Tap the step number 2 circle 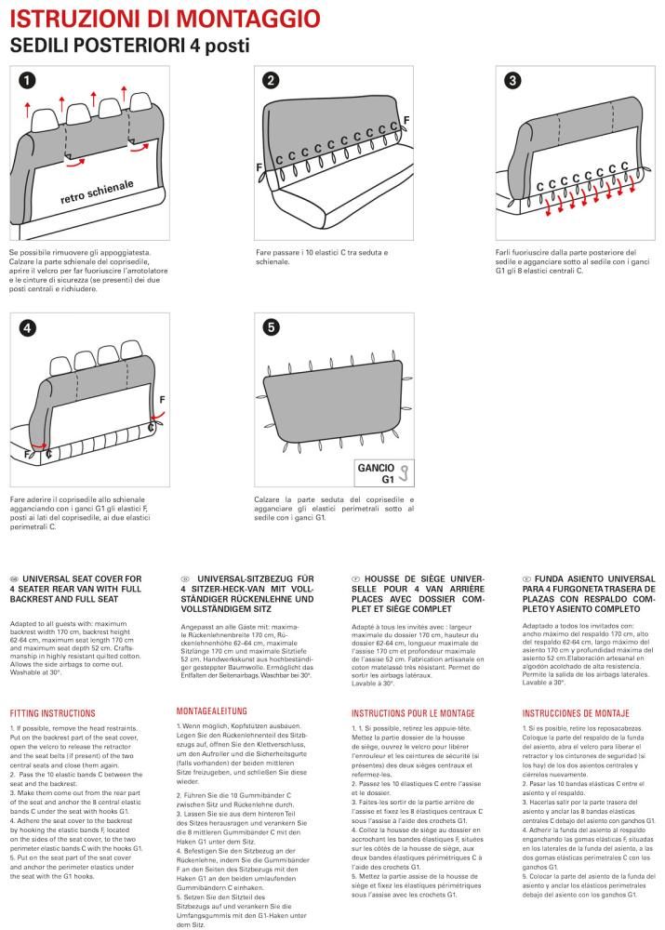[270, 81]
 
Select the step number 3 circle [512, 81]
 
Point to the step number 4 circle [27, 327]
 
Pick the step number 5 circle [270, 327]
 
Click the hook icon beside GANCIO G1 [405, 474]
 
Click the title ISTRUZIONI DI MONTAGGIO [165, 18]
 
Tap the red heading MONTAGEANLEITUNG [219, 711]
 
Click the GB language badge [15, 578]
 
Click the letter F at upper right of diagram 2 [406, 122]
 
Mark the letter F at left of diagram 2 [259, 166]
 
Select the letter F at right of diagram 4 [163, 399]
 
